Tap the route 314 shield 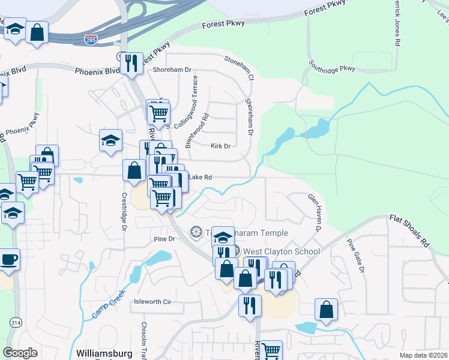13,323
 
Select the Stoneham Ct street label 239,67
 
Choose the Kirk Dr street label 220,146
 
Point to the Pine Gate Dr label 355,256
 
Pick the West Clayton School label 281,251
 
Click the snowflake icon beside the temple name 196,232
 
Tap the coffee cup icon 9,260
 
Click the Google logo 20,353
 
